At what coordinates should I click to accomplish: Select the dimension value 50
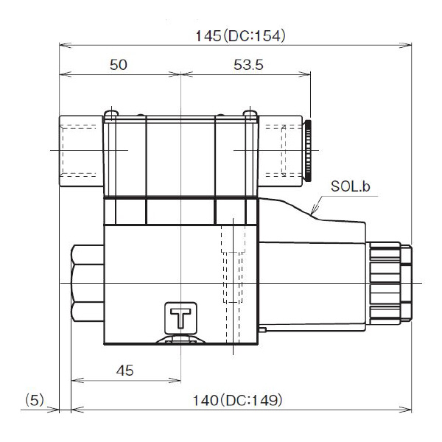tap(118, 65)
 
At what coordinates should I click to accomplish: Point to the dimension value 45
tap(125, 371)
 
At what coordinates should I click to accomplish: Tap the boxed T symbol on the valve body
tap(180, 318)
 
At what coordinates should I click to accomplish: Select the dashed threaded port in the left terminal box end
tap(81, 151)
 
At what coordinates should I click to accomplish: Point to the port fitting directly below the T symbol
tap(180, 341)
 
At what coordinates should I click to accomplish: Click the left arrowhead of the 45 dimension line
tap(74, 381)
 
